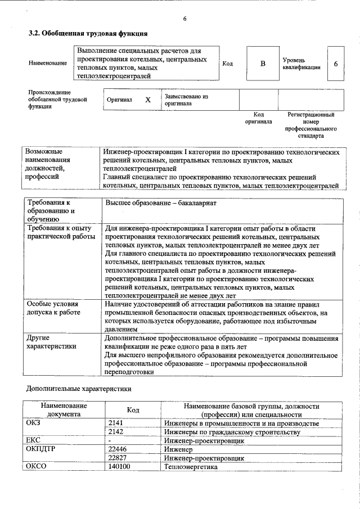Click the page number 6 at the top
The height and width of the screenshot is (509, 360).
click(x=184, y=19)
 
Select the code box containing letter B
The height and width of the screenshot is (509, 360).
click(x=262, y=63)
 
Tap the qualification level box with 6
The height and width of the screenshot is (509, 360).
click(x=335, y=63)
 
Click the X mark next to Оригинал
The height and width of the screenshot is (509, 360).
click(x=148, y=100)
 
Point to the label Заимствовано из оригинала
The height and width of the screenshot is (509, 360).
click(x=187, y=100)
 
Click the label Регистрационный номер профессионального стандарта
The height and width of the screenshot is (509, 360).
click(x=310, y=125)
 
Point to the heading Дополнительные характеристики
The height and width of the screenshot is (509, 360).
click(x=79, y=389)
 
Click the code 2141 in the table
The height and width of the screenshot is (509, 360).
click(x=116, y=423)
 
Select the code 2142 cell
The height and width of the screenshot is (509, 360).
click(x=116, y=432)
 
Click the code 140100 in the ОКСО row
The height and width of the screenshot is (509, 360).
click(x=119, y=467)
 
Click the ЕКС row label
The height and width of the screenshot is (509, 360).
click(x=34, y=440)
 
